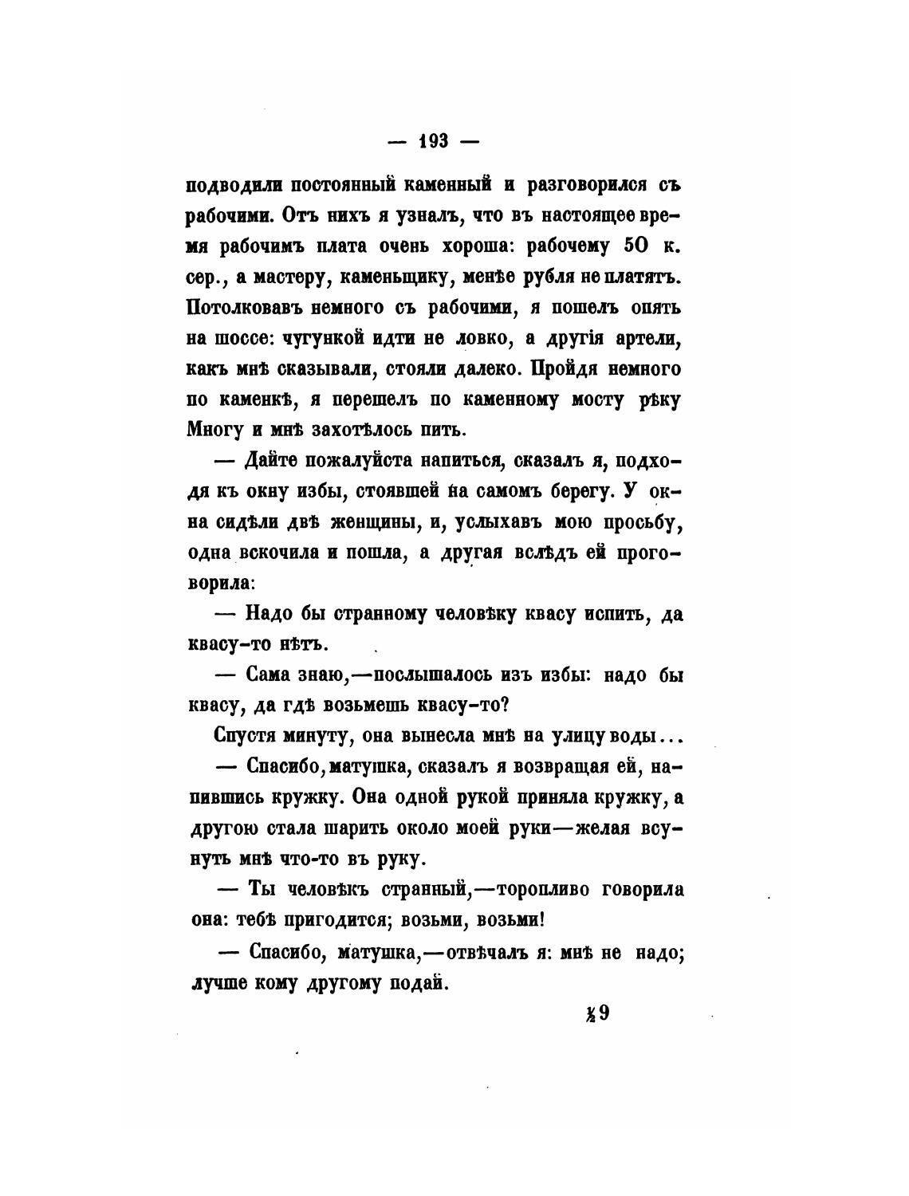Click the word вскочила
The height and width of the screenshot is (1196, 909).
click(279, 554)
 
